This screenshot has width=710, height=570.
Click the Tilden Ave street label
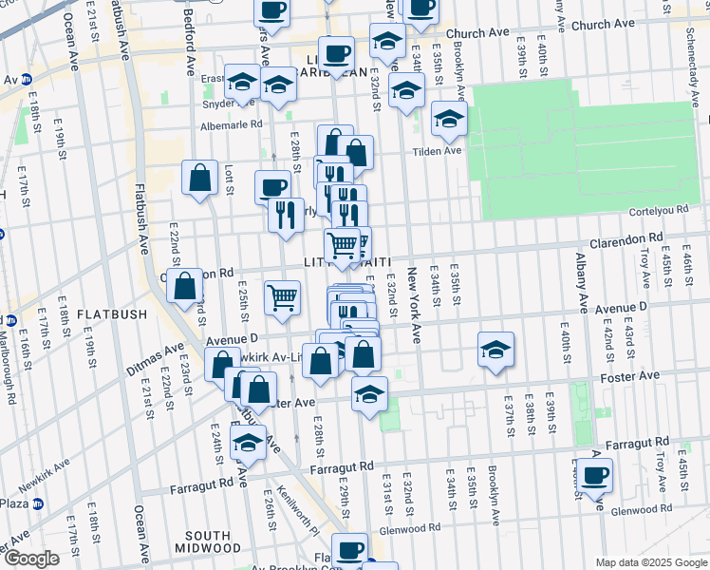[436, 150]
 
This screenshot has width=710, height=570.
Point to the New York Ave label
[413, 305]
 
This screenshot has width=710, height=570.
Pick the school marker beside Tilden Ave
[449, 118]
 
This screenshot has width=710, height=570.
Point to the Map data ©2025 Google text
[650, 561]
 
